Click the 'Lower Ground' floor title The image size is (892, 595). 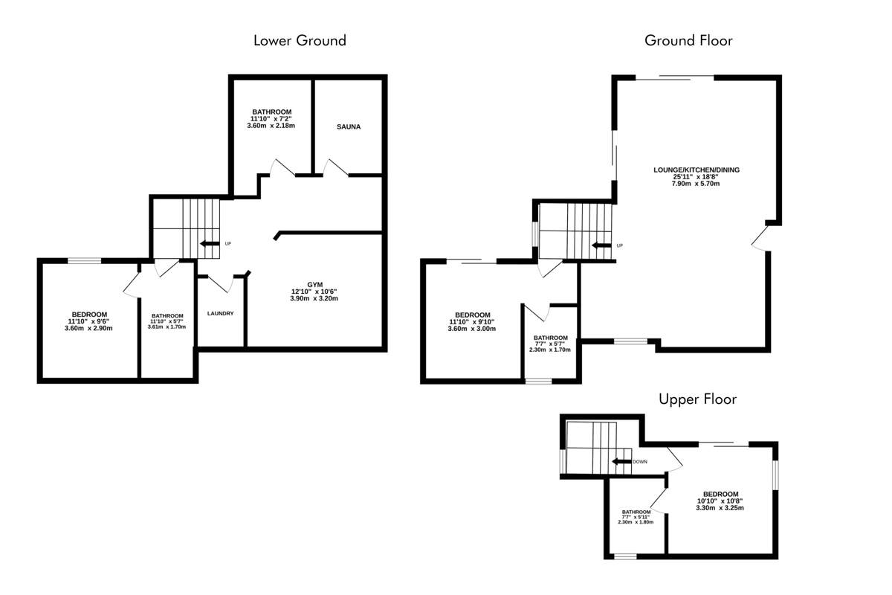pyautogui.click(x=300, y=41)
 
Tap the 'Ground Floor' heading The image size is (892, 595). pyautogui.click(x=688, y=41)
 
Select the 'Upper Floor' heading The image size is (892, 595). pyautogui.click(x=698, y=399)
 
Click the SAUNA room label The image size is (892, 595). pyautogui.click(x=349, y=126)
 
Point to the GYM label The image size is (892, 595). pyautogui.click(x=314, y=285)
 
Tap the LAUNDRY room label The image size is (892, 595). pyautogui.click(x=220, y=314)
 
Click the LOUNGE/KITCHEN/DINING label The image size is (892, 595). pyautogui.click(x=697, y=170)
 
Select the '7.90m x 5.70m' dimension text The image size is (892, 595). pyautogui.click(x=696, y=184)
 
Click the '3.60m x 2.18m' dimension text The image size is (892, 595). pyautogui.click(x=271, y=126)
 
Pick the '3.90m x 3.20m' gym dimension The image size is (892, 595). pyautogui.click(x=314, y=298)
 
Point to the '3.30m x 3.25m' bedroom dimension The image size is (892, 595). pyautogui.click(x=720, y=508)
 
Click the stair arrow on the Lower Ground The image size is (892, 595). pyautogui.click(x=210, y=243)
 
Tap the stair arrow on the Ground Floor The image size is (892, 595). pyautogui.click(x=601, y=245)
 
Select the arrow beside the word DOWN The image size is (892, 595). pyautogui.click(x=621, y=461)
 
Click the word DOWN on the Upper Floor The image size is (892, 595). pyautogui.click(x=640, y=462)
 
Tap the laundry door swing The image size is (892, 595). pyautogui.click(x=221, y=284)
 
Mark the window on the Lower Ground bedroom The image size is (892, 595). pyautogui.click(x=84, y=261)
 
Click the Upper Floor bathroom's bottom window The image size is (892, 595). pyautogui.click(x=625, y=557)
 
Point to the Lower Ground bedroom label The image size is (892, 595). pyautogui.click(x=89, y=315)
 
